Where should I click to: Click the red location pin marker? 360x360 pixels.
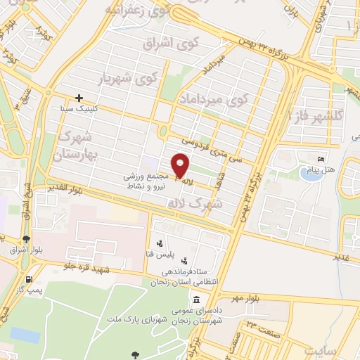pyautogui.click(x=181, y=167)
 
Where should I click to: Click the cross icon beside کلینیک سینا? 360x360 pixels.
pyautogui.click(x=79, y=98)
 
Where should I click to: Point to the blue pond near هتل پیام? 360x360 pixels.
pyautogui.click(x=309, y=172)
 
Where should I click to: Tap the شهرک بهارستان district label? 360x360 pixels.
pyautogui.click(x=79, y=143)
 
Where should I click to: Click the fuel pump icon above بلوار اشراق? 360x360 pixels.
pyautogui.click(x=27, y=239)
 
